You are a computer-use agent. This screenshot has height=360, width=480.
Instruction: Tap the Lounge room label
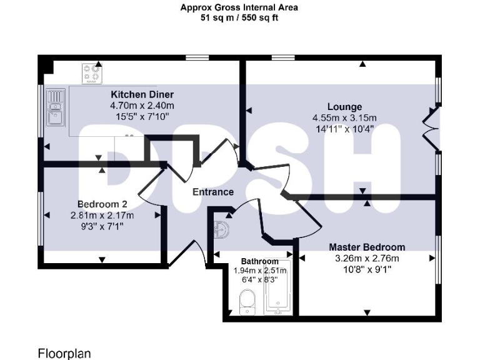[x=344, y=107]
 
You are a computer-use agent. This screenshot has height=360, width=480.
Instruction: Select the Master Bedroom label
[x=367, y=247]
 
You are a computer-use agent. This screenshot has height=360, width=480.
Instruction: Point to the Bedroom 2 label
[x=102, y=204]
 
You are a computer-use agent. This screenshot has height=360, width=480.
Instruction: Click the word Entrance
[x=212, y=192]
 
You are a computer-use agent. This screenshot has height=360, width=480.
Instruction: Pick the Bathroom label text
[x=260, y=261]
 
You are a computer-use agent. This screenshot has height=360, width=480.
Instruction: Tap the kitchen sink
[x=56, y=108]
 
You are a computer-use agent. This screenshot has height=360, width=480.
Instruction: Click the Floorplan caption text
[x=64, y=354]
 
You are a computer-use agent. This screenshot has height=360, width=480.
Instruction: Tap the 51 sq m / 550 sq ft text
[x=239, y=19]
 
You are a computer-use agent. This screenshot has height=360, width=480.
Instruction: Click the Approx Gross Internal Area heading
[x=239, y=8]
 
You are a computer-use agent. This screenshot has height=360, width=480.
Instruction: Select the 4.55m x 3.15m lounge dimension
[x=344, y=117]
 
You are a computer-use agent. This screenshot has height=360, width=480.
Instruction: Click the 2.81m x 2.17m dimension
[x=102, y=216]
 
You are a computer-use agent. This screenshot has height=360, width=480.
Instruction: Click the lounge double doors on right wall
[x=431, y=127]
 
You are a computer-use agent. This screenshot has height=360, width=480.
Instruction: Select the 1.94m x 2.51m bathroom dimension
[x=260, y=271]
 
